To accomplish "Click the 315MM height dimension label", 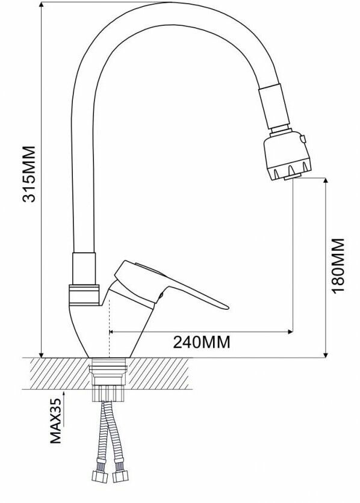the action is (29, 174).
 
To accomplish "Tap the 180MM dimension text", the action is (338, 265).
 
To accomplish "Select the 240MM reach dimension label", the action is (202, 342).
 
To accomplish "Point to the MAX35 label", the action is (55, 421).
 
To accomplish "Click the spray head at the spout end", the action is (287, 155).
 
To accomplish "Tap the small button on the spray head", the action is (303, 138).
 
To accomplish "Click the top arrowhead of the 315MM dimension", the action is (42, 4).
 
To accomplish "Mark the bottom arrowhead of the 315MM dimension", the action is (42, 354).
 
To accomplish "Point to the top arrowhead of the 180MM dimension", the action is (326, 181).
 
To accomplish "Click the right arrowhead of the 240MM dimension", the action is (290, 332).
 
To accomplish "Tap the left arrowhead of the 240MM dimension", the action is (112, 332).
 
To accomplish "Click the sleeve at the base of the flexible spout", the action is (84, 268).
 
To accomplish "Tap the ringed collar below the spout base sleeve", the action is (84, 295).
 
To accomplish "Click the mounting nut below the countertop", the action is (108, 393).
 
